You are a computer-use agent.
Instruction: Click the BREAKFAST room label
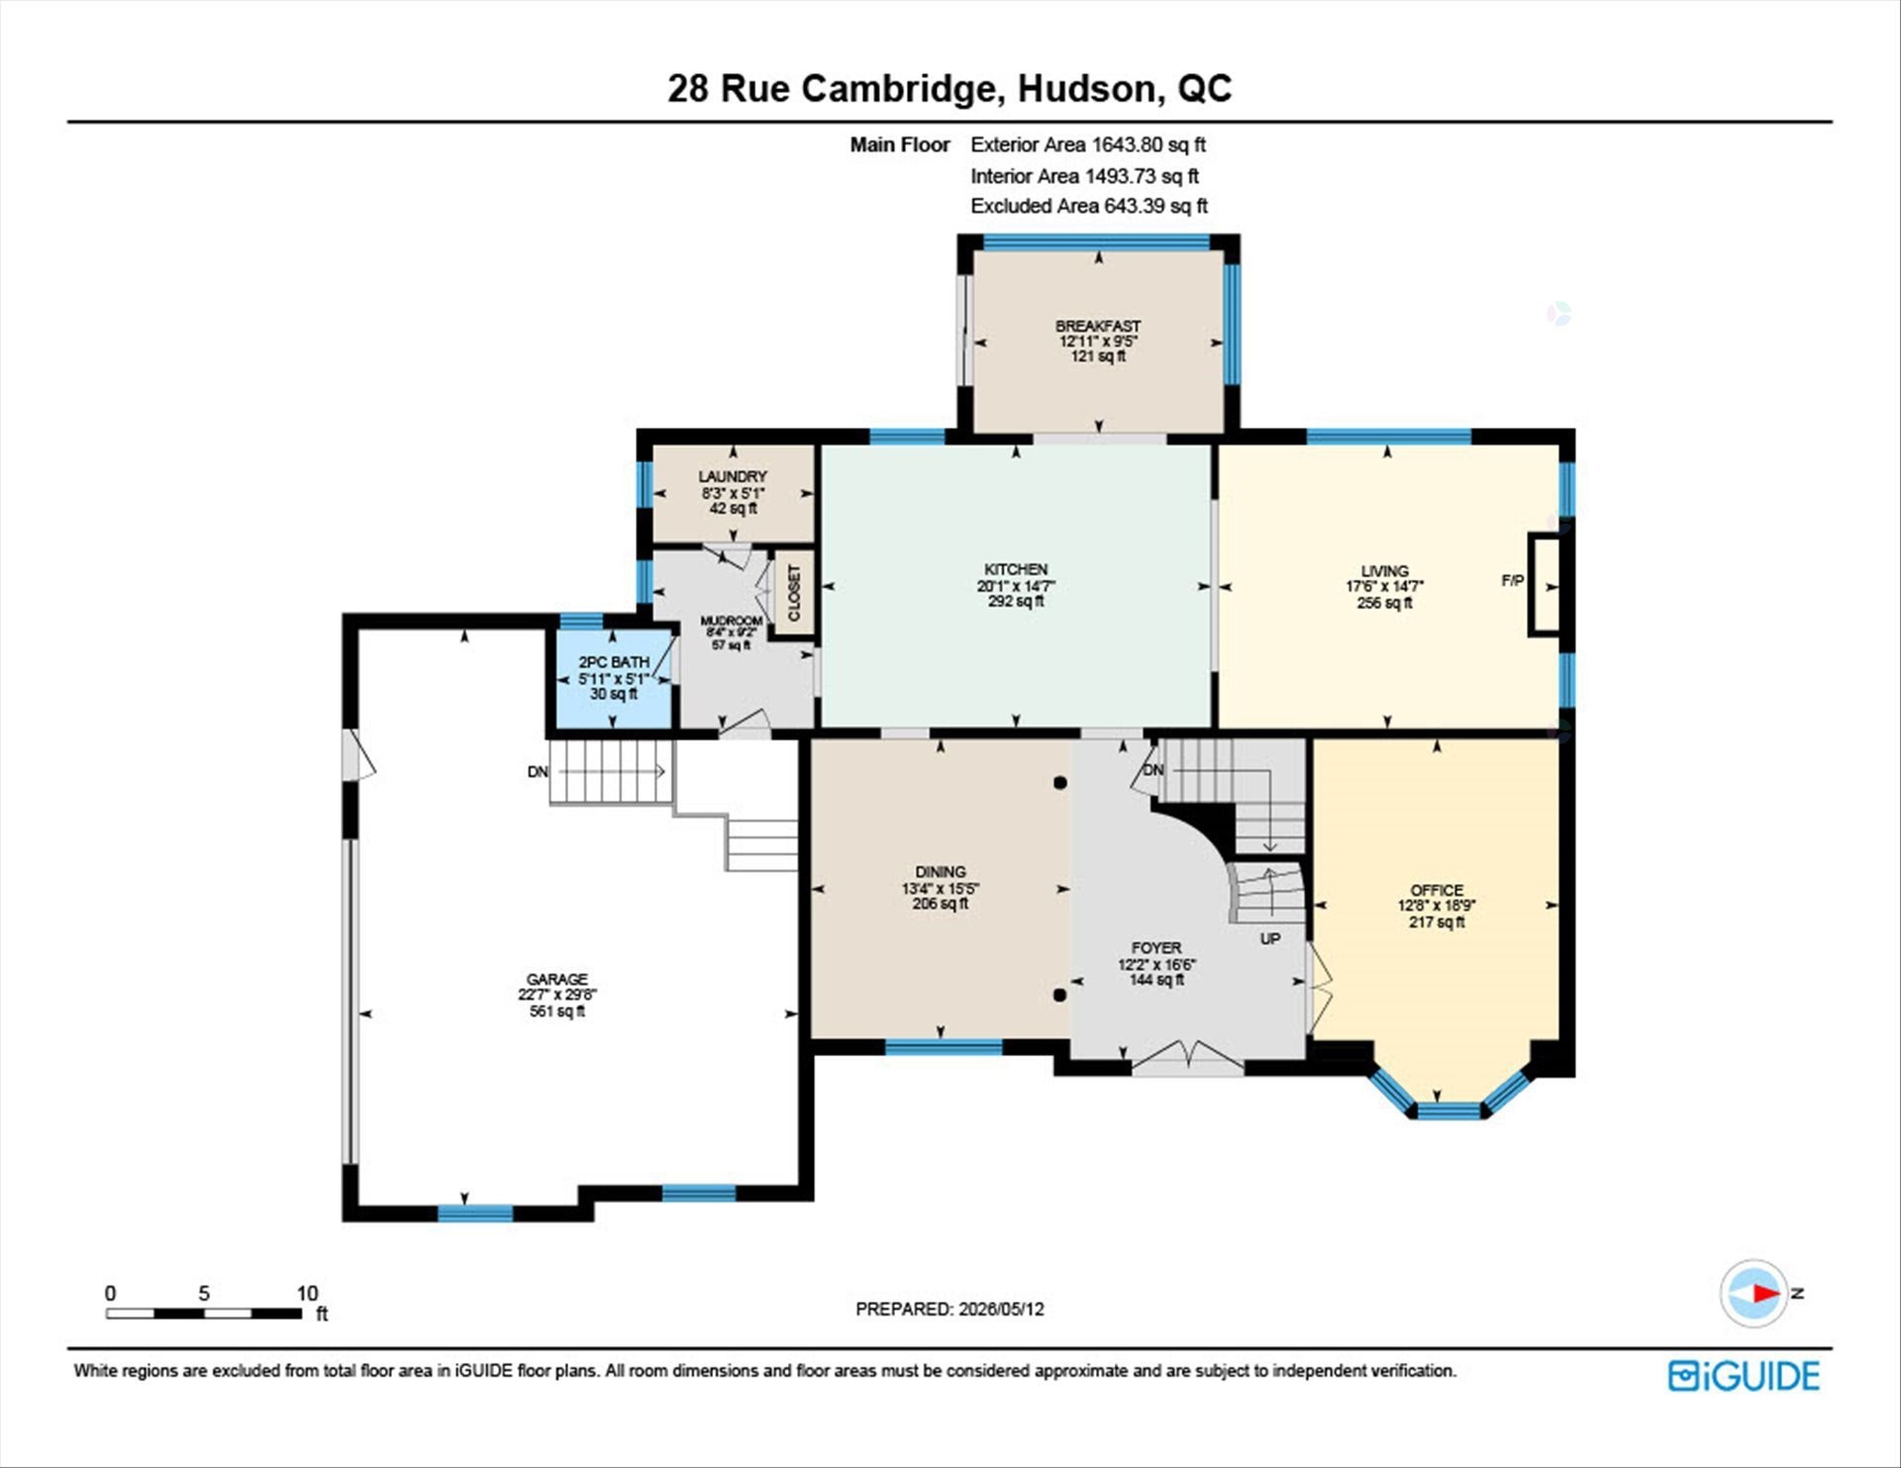tap(1097, 326)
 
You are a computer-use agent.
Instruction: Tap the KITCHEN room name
tap(1015, 569)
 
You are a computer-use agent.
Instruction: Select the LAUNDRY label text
tap(732, 476)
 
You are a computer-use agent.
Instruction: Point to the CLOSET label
tap(793, 593)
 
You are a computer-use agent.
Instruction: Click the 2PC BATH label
tap(614, 662)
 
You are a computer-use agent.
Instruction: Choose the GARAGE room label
tap(556, 979)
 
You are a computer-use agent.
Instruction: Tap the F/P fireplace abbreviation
tap(1512, 581)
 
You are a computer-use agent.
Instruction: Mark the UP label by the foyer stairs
tap(1270, 938)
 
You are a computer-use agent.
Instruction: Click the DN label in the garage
tap(538, 771)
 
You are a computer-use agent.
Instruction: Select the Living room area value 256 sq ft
tap(1384, 603)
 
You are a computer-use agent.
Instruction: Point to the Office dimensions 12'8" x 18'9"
tap(1437, 906)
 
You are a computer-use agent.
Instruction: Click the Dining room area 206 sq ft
tap(940, 904)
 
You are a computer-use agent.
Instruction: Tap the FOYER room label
tap(1156, 947)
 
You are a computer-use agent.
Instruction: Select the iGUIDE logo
tap(1744, 1376)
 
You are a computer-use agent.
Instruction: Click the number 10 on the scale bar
tap(307, 1293)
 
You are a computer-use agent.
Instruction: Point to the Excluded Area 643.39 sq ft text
tap(1089, 206)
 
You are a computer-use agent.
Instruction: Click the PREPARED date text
tap(950, 1309)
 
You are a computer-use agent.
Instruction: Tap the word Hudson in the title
tap(1086, 88)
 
